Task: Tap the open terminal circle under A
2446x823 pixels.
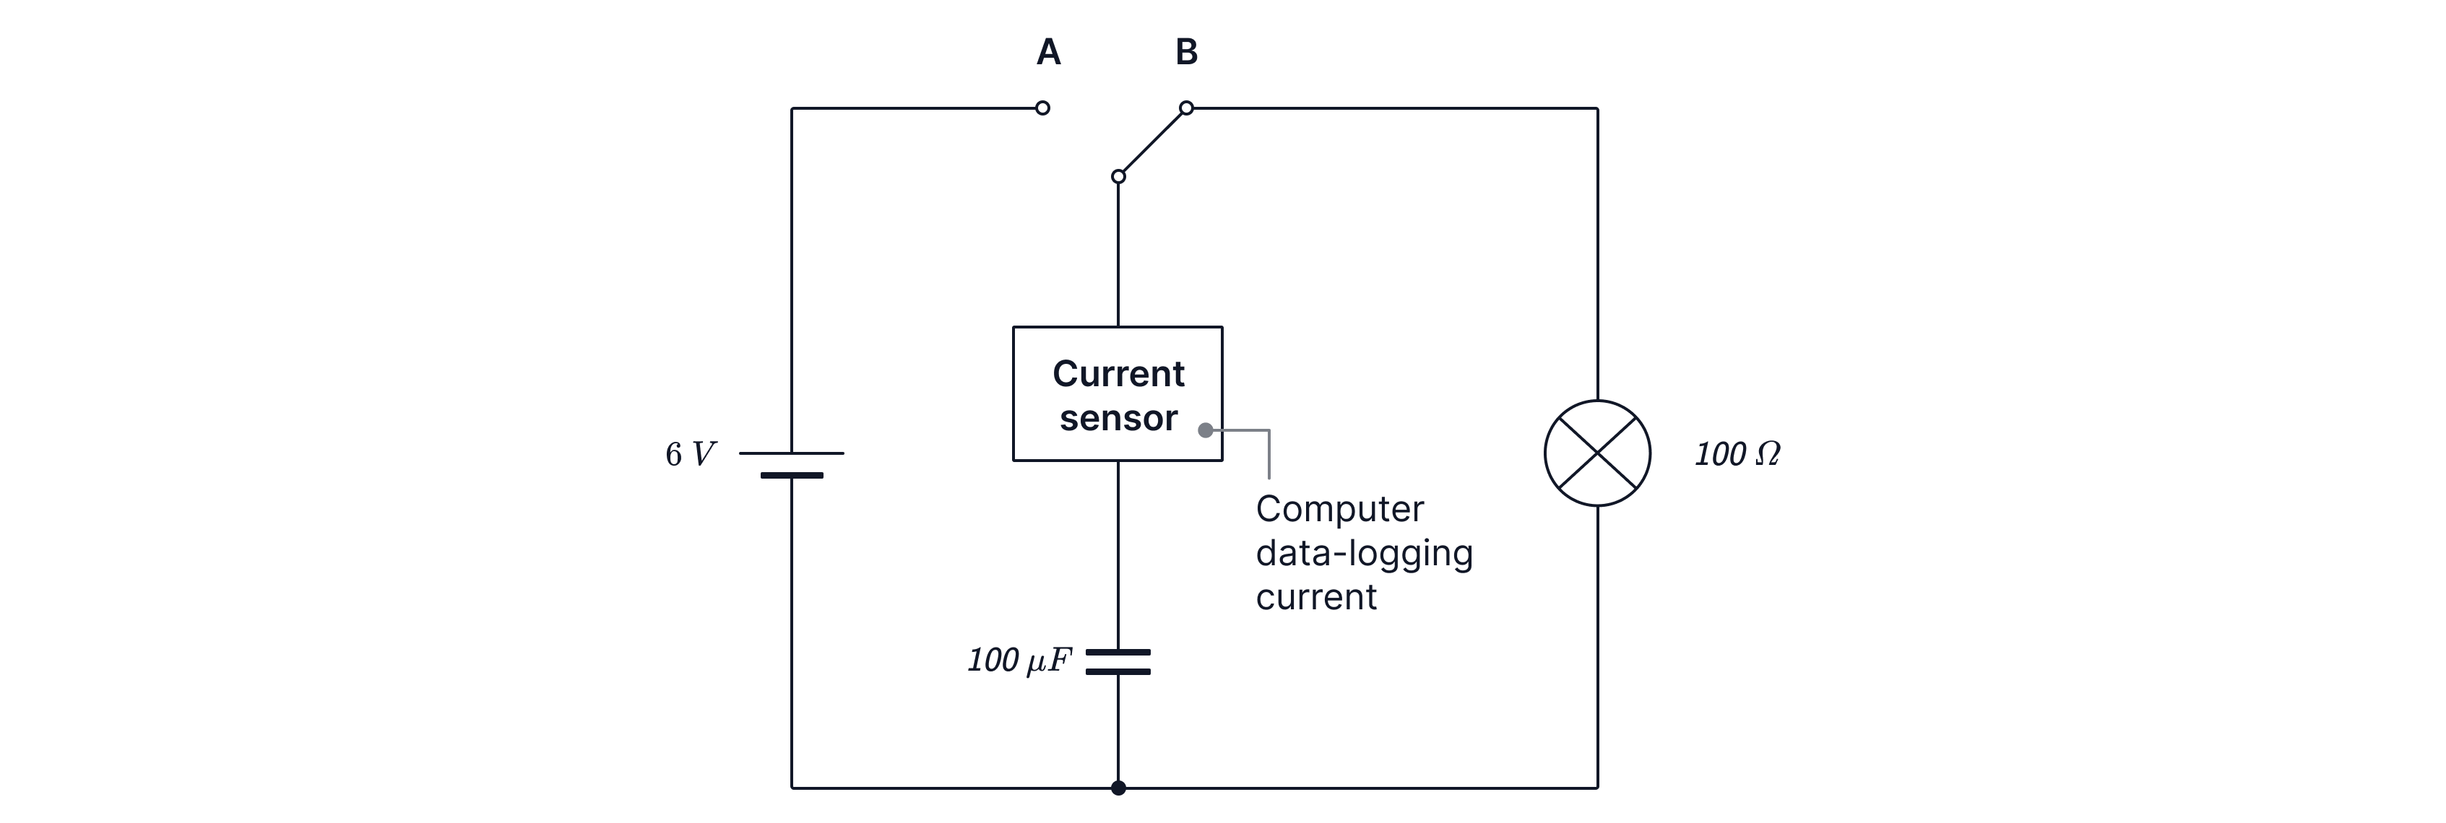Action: (x=1042, y=108)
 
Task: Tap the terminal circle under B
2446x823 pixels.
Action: (x=1186, y=108)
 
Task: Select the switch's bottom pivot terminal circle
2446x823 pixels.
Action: (x=1118, y=177)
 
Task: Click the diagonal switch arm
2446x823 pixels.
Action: (x=1151, y=142)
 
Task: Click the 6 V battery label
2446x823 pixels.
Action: (x=689, y=456)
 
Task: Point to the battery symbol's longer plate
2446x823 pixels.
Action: (x=792, y=454)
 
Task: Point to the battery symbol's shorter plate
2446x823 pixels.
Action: (x=792, y=474)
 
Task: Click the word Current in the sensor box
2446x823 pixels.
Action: (x=1118, y=374)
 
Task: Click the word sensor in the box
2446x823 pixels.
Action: (x=1118, y=419)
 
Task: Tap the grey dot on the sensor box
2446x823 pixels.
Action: (x=1205, y=430)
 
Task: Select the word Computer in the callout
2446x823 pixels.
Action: (x=1339, y=510)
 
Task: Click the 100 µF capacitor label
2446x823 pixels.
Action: (x=1018, y=661)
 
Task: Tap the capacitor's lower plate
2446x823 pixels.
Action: (x=1118, y=672)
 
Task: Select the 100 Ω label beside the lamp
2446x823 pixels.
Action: (x=1737, y=455)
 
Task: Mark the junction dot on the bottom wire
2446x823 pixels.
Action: (x=1118, y=788)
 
